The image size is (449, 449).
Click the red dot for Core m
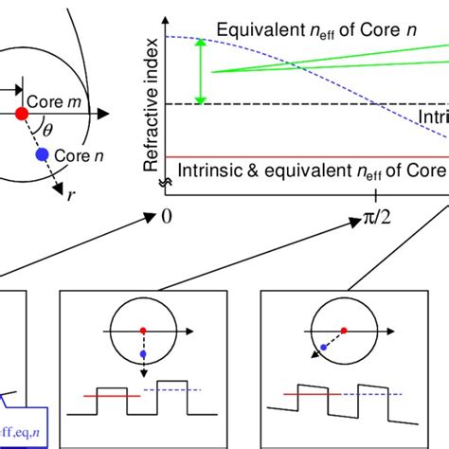[x=21, y=114]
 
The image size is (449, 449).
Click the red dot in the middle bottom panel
[x=143, y=329]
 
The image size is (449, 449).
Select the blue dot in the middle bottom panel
[x=143, y=353]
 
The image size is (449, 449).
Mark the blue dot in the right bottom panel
[x=324, y=348]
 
